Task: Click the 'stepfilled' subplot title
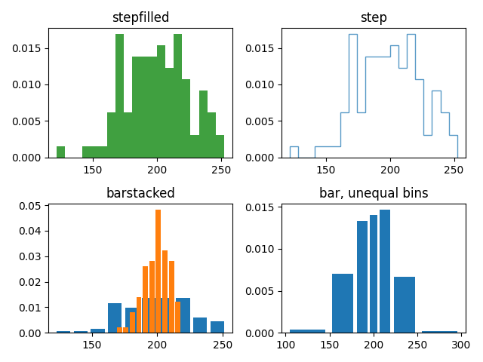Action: click(x=140, y=17)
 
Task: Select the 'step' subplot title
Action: click(x=374, y=17)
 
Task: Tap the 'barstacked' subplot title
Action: click(x=140, y=193)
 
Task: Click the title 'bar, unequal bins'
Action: click(x=374, y=193)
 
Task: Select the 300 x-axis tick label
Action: click(x=461, y=345)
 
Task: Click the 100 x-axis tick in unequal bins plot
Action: click(x=286, y=345)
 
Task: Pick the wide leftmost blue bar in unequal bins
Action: click(x=307, y=331)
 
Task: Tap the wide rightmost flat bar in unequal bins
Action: click(x=439, y=332)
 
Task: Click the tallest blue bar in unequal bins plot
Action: click(x=385, y=271)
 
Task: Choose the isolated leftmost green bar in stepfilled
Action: click(x=60, y=152)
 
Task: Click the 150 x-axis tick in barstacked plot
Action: click(x=92, y=345)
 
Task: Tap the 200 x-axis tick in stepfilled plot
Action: click(x=157, y=170)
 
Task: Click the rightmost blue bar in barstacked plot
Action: click(x=217, y=327)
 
